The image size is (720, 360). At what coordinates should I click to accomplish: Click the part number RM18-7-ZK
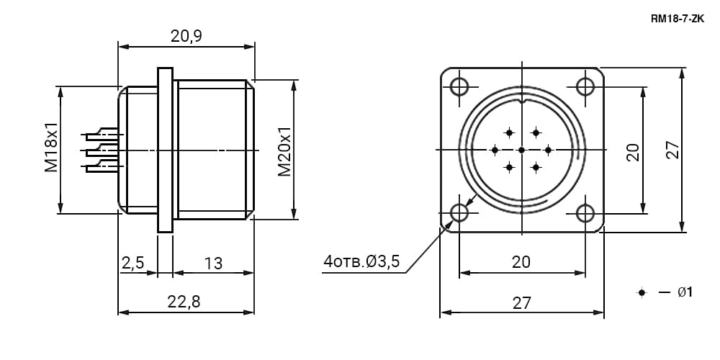tap(678, 19)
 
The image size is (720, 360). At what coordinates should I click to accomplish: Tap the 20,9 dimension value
tap(186, 36)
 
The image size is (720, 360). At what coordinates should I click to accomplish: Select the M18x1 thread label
tap(51, 147)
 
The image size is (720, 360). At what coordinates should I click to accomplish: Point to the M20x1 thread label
tap(284, 151)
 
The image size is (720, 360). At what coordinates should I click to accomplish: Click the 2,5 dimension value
tap(133, 263)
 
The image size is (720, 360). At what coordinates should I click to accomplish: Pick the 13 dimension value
tap(214, 263)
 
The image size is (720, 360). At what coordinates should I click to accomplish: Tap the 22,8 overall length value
tap(184, 302)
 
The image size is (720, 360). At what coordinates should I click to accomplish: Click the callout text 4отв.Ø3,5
tap(362, 261)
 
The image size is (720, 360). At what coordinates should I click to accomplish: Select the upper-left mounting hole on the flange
tap(459, 86)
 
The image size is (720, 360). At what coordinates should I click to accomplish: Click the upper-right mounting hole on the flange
tap(585, 86)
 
